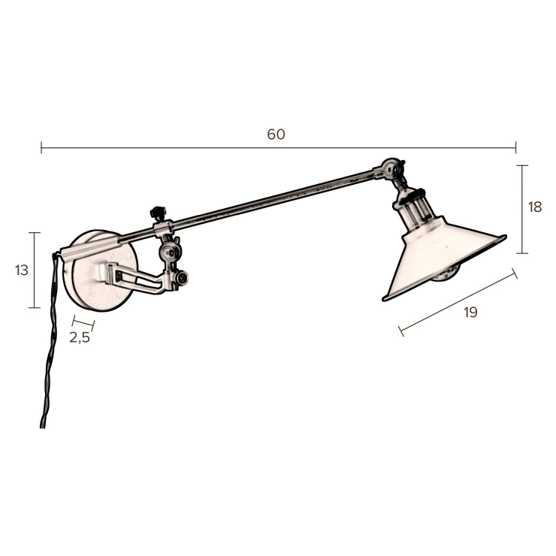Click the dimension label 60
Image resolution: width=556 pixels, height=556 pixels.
(x=276, y=134)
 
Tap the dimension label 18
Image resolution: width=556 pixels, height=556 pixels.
(x=535, y=207)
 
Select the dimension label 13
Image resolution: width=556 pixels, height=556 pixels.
(x=21, y=270)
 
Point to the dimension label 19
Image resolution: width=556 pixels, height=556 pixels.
(x=470, y=313)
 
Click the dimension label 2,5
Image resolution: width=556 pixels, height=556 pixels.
(x=80, y=337)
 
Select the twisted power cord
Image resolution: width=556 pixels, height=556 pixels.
(x=50, y=337)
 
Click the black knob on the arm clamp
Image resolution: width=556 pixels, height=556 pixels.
(x=156, y=213)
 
